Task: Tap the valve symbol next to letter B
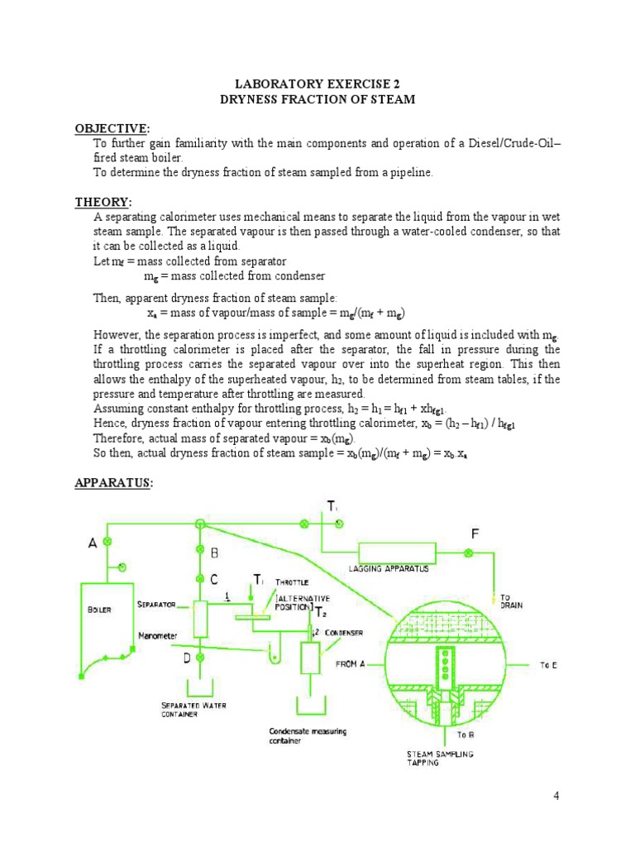199,550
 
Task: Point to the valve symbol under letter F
469,553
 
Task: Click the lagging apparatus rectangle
397,553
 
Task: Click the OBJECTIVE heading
111,128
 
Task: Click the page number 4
556,796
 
